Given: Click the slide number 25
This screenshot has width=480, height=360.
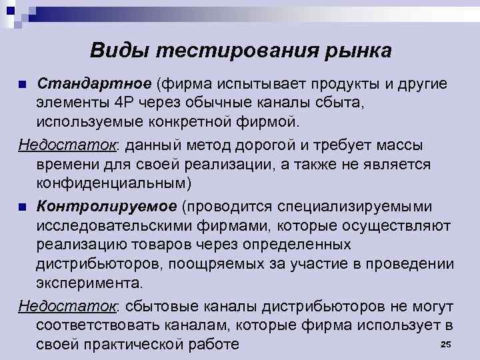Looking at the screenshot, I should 446,343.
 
